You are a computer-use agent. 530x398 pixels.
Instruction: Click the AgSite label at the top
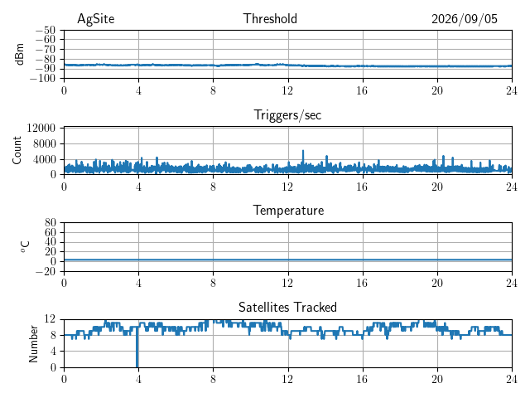pyautogui.click(x=96, y=19)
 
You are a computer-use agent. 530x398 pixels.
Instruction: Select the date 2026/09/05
pyautogui.click(x=465, y=19)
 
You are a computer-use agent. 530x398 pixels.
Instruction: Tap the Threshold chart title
pyautogui.click(x=270, y=18)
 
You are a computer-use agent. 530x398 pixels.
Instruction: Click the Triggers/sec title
pyautogui.click(x=287, y=115)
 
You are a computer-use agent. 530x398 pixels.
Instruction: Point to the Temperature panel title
pyautogui.click(x=288, y=211)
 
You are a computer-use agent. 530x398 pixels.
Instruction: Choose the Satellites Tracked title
pyautogui.click(x=287, y=307)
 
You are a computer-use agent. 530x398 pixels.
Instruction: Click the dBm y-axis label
pyautogui.click(x=19, y=54)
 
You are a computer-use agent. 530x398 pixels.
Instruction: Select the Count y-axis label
pyautogui.click(x=17, y=151)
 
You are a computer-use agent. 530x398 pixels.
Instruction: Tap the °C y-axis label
pyautogui.click(x=25, y=247)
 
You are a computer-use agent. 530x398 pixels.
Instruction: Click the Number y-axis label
pyautogui.click(x=33, y=344)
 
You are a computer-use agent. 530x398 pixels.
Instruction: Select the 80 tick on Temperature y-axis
pyautogui.click(x=51, y=223)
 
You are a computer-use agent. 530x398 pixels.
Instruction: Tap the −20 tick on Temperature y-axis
pyautogui.click(x=46, y=271)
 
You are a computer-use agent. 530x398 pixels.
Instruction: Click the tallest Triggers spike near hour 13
pyautogui.click(x=303, y=151)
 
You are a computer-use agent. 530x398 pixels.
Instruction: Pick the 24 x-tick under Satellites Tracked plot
pyautogui.click(x=512, y=379)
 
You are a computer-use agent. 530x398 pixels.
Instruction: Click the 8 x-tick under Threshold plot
pyautogui.click(x=213, y=90)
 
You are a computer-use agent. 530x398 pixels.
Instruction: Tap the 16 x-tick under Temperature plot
pyautogui.click(x=363, y=283)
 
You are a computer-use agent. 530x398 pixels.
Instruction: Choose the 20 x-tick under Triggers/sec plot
pyautogui.click(x=437, y=187)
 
